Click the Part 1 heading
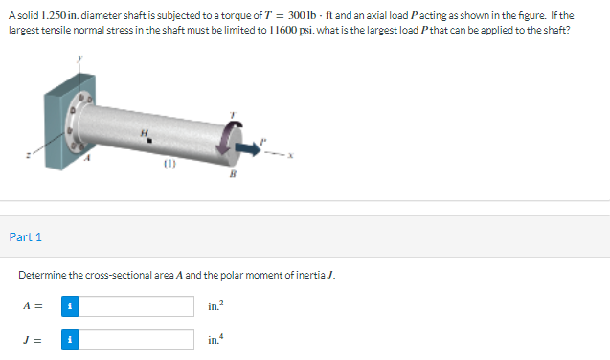click(25, 237)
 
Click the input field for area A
click(136, 306)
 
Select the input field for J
click(136, 340)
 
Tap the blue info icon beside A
click(70, 306)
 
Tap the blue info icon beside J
click(70, 340)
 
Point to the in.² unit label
click(215, 305)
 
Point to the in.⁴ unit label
click(215, 339)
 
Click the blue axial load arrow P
click(248, 148)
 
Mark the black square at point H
click(149, 141)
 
